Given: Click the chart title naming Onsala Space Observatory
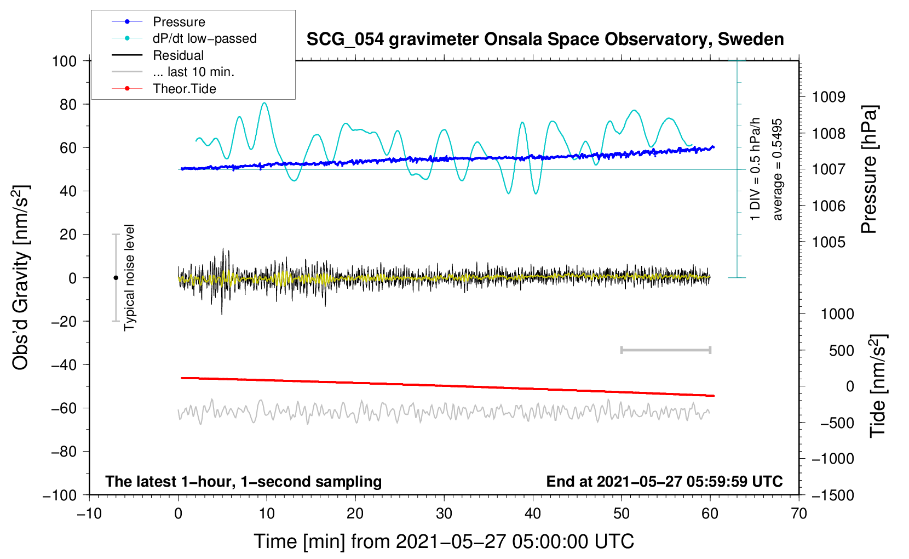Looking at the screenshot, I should pos(545,39).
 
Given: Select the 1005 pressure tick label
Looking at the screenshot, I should pos(829,242).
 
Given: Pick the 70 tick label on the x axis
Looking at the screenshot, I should pos(799,514).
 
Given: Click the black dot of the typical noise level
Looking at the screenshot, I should pos(116,278).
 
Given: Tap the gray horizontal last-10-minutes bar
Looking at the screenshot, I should pos(665,350).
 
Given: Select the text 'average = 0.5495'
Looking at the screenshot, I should pos(777,169).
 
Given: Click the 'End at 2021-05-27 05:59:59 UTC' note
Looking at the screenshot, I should pos(664,481).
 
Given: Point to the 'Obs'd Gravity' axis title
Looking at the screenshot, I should pos(21,278).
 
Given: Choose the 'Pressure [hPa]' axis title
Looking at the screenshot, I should pos(869,169).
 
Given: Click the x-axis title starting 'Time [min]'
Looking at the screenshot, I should pos(444,541).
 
